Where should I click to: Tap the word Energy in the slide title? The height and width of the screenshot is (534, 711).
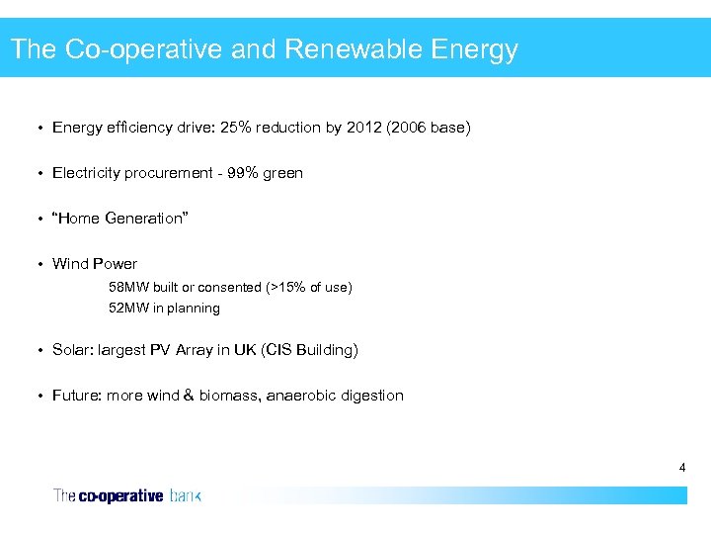[x=473, y=49]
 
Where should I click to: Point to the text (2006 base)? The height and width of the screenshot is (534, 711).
[x=428, y=128]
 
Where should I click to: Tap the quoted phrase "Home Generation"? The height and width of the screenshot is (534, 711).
[x=119, y=219]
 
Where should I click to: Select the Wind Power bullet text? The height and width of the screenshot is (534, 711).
[x=95, y=264]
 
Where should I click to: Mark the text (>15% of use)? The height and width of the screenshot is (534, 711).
[x=308, y=287]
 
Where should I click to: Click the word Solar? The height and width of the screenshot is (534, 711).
[x=72, y=350]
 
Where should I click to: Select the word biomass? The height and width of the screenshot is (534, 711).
[x=228, y=396]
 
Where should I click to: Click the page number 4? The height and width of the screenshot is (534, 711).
[x=681, y=467]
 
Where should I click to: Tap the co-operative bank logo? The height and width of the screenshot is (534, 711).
[x=127, y=495]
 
